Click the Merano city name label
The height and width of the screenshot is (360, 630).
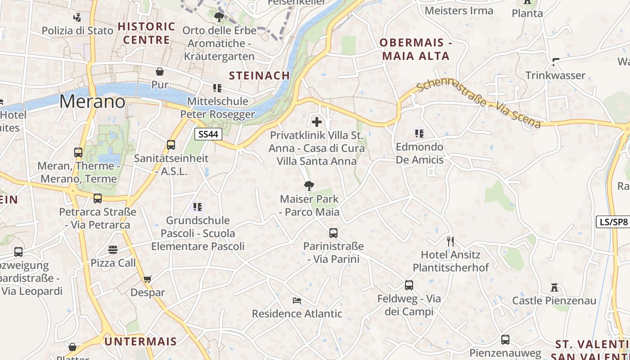[92, 102]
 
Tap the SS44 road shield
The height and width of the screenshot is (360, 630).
[209, 134]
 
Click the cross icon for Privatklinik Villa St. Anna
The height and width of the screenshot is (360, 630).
[317, 121]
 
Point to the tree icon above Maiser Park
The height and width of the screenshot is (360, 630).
[309, 185]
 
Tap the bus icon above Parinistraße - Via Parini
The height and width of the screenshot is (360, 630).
[333, 233]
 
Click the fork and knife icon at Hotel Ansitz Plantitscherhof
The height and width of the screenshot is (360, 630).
[450, 242]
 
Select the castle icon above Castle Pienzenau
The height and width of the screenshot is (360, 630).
[554, 288]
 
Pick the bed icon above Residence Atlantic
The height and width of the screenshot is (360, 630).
[297, 301]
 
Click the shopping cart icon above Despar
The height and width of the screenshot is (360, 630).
[147, 279]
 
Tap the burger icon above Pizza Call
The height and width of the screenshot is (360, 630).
[112, 250]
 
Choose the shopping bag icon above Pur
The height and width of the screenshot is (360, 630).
[159, 72]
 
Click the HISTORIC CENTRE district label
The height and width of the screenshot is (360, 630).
[146, 33]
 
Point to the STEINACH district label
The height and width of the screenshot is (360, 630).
[259, 76]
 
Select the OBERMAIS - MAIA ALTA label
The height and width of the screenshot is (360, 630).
[415, 49]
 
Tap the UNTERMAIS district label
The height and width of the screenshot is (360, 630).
[140, 342]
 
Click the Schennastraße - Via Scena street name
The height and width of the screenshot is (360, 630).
[478, 104]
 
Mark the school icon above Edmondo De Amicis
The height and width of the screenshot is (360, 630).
[419, 133]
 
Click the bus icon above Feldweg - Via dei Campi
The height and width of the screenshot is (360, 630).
[409, 285]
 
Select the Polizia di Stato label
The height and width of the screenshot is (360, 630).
[77, 31]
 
